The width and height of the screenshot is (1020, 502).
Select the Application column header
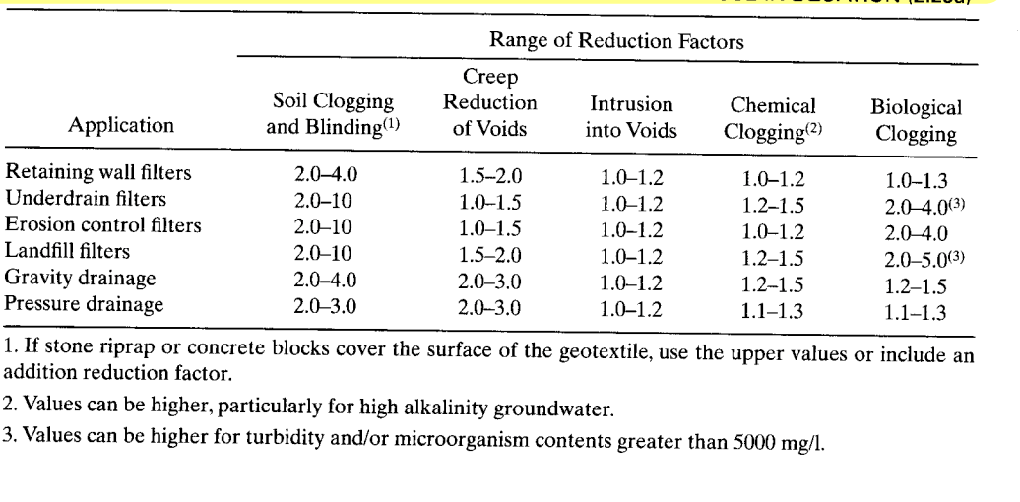point(121,126)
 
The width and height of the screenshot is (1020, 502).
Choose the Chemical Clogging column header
point(773,116)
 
